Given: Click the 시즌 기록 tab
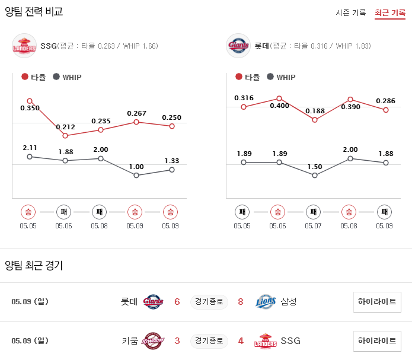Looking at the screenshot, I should click(350, 12).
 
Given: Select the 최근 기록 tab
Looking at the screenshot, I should click(389, 12).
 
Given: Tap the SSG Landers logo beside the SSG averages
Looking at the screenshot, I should click(24, 46).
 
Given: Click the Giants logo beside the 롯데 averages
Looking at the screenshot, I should click(238, 46).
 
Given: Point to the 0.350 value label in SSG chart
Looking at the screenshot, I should click(30, 109).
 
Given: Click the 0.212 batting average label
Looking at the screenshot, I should click(65, 127).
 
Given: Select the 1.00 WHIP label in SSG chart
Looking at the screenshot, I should click(136, 167).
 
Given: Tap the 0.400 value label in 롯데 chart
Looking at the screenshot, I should click(279, 106).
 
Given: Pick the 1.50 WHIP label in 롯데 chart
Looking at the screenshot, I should click(315, 167).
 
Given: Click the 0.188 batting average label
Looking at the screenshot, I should click(315, 111).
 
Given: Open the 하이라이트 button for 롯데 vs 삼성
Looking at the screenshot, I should click(376, 301).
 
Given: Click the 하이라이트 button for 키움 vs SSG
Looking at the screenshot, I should click(376, 340).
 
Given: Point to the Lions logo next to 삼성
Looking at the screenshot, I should click(266, 302).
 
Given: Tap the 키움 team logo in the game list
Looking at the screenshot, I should click(153, 341).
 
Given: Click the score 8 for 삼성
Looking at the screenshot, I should click(241, 302).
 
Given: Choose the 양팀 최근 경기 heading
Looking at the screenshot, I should click(34, 266).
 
